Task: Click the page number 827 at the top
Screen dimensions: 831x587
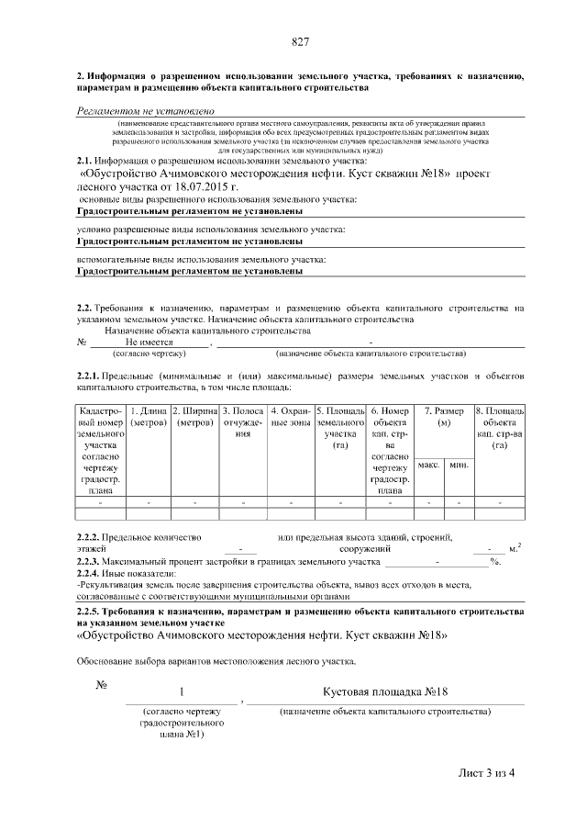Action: point(299,43)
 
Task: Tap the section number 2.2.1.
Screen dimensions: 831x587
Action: point(88,377)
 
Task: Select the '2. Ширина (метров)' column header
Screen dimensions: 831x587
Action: point(194,418)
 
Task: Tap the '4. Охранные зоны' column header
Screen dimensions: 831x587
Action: point(290,418)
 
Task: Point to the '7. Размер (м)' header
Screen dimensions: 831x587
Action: point(444,418)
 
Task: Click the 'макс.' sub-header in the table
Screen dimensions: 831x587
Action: point(429,466)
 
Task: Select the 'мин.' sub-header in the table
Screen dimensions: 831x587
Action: point(459,466)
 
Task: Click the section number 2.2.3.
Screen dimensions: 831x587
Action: point(88,560)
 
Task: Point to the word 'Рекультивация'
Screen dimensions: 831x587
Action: point(110,584)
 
